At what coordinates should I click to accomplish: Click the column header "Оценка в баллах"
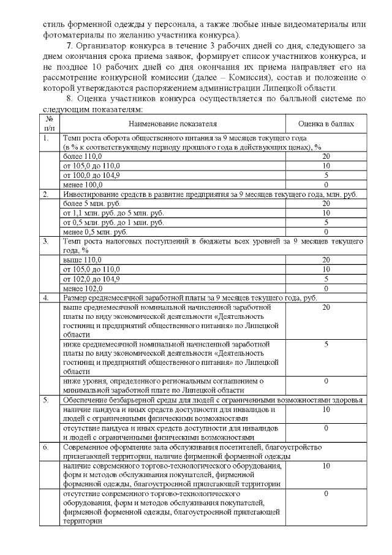(x=326, y=124)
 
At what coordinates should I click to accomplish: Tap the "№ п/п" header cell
(x=50, y=124)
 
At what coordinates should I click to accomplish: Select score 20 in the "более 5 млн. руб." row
(x=326, y=204)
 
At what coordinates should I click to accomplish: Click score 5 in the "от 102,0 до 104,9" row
(x=326, y=278)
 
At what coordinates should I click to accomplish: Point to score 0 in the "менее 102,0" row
(x=326, y=288)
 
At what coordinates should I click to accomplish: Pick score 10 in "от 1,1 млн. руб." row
(x=326, y=213)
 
